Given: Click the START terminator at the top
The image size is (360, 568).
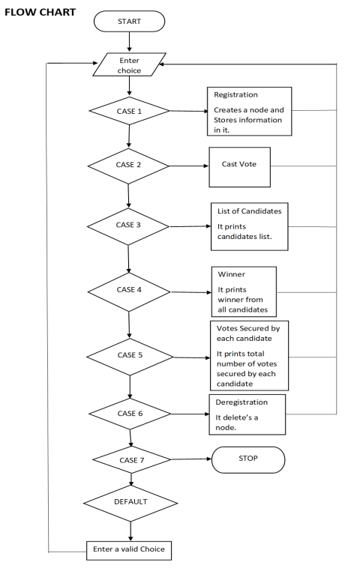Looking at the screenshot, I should pos(129,21).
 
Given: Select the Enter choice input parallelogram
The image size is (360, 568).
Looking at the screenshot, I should pos(129,65).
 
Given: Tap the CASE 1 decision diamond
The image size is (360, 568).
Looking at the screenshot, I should pos(129,111).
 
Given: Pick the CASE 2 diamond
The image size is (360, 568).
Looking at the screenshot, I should pos(129,164).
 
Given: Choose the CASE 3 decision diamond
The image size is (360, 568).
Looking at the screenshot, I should pos(129,225).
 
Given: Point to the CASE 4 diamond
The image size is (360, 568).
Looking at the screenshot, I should pos(129,289).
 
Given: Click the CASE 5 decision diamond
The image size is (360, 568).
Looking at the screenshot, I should pos(130,354).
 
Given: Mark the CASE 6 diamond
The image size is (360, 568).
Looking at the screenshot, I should pos(130,412).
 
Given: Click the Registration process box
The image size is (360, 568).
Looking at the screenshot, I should pos(249,111).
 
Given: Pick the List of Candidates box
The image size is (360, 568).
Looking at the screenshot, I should pos(249,226).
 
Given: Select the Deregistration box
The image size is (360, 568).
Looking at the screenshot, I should pos(246,414).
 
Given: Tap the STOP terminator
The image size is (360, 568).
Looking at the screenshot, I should pos(248,459).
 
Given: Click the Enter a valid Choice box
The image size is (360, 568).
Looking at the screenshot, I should pos(128,549).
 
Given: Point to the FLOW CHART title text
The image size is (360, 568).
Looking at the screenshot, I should pos(40,13).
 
